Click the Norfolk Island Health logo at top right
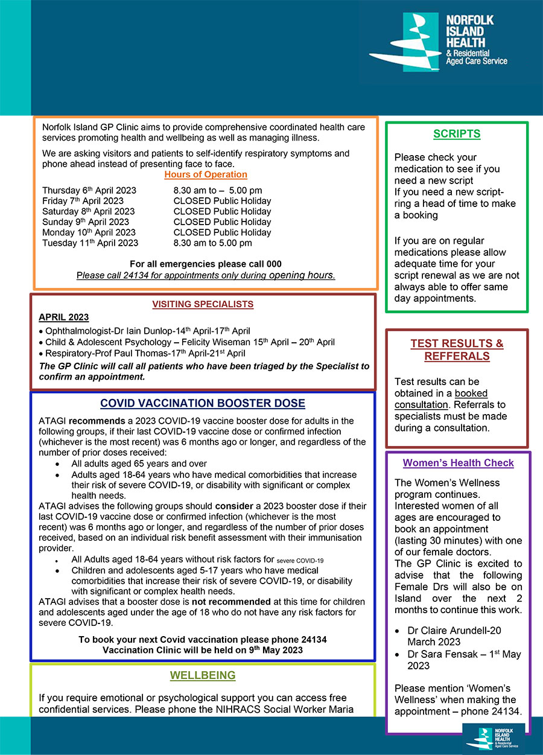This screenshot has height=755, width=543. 439,42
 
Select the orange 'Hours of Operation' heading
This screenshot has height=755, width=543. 206,174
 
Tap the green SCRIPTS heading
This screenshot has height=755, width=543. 457,134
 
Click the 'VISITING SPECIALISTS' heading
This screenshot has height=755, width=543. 203,304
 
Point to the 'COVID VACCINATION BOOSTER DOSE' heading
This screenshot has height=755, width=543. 203,403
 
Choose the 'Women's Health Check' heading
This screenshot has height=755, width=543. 459,463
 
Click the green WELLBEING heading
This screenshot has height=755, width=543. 203,675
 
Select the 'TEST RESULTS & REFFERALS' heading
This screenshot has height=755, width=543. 457,349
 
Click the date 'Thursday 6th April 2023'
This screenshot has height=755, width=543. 89,190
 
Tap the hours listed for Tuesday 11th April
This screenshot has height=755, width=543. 212,243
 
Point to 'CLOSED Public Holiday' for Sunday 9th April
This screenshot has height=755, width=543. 222,221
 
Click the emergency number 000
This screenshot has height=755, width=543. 273,264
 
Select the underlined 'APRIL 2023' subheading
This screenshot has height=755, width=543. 63,317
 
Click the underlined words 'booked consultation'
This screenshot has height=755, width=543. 441,399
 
